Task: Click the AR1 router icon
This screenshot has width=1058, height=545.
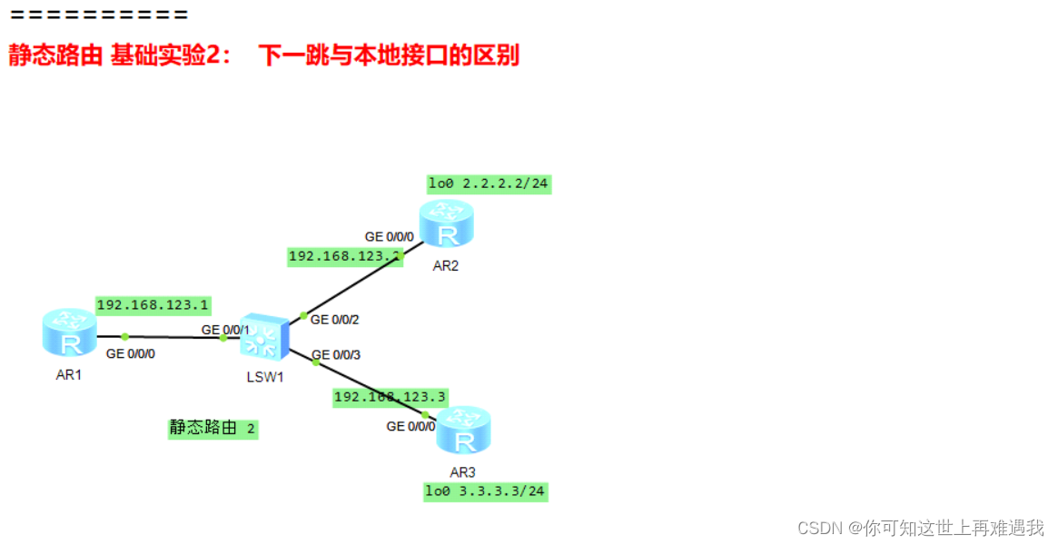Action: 69,332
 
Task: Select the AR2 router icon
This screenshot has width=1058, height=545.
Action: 446,225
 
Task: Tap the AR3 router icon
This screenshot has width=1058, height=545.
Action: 462,431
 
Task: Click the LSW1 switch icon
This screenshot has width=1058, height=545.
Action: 264,338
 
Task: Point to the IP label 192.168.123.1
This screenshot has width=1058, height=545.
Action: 153,305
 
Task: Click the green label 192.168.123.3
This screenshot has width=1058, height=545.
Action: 390,397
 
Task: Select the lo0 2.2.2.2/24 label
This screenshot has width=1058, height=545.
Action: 489,183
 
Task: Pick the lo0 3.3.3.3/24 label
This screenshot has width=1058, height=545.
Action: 486,491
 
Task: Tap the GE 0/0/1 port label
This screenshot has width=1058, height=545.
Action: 225,330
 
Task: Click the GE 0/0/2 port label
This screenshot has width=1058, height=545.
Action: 336,320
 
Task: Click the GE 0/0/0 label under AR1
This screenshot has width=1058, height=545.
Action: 131,354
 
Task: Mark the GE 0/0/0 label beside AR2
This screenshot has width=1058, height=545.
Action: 390,237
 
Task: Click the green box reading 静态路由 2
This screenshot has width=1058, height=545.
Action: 213,428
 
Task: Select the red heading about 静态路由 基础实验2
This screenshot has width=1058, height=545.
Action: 263,55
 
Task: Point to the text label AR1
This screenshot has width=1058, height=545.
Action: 68,374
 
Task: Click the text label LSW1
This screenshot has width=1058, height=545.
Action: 265,377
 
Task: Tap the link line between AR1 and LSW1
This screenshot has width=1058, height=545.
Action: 173,337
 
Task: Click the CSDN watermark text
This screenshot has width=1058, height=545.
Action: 921,528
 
